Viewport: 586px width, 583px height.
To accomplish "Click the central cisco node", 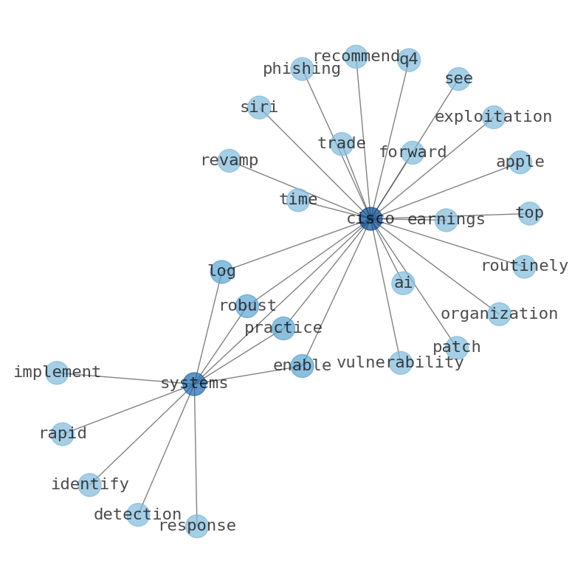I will (x=370, y=218).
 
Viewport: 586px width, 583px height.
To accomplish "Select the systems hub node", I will (x=194, y=384).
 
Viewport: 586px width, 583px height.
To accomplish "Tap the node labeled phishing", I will (x=302, y=69).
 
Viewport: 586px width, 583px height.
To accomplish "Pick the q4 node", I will (x=409, y=60).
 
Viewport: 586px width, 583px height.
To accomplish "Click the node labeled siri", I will (x=259, y=107).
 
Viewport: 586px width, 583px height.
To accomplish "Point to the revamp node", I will (x=229, y=160).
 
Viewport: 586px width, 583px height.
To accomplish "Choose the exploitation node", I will (x=494, y=117).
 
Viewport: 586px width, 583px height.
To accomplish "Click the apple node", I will (x=520, y=162).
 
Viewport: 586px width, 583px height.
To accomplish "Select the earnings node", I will (x=446, y=220).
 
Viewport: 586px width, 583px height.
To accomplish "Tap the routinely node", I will (x=524, y=266).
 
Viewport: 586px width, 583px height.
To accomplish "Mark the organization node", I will (x=500, y=314).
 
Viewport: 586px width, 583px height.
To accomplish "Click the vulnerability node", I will (x=401, y=362).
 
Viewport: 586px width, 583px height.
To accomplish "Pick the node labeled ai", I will (x=403, y=283).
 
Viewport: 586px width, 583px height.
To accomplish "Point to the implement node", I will (x=57, y=373).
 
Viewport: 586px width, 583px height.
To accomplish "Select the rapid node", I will (x=62, y=434).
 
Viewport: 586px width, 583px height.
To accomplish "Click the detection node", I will (x=138, y=514).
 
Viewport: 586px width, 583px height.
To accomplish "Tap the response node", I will (x=197, y=526).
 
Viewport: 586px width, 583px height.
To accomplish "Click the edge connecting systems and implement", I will (x=125, y=378).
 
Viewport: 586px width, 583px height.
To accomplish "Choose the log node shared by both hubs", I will (x=221, y=272).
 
